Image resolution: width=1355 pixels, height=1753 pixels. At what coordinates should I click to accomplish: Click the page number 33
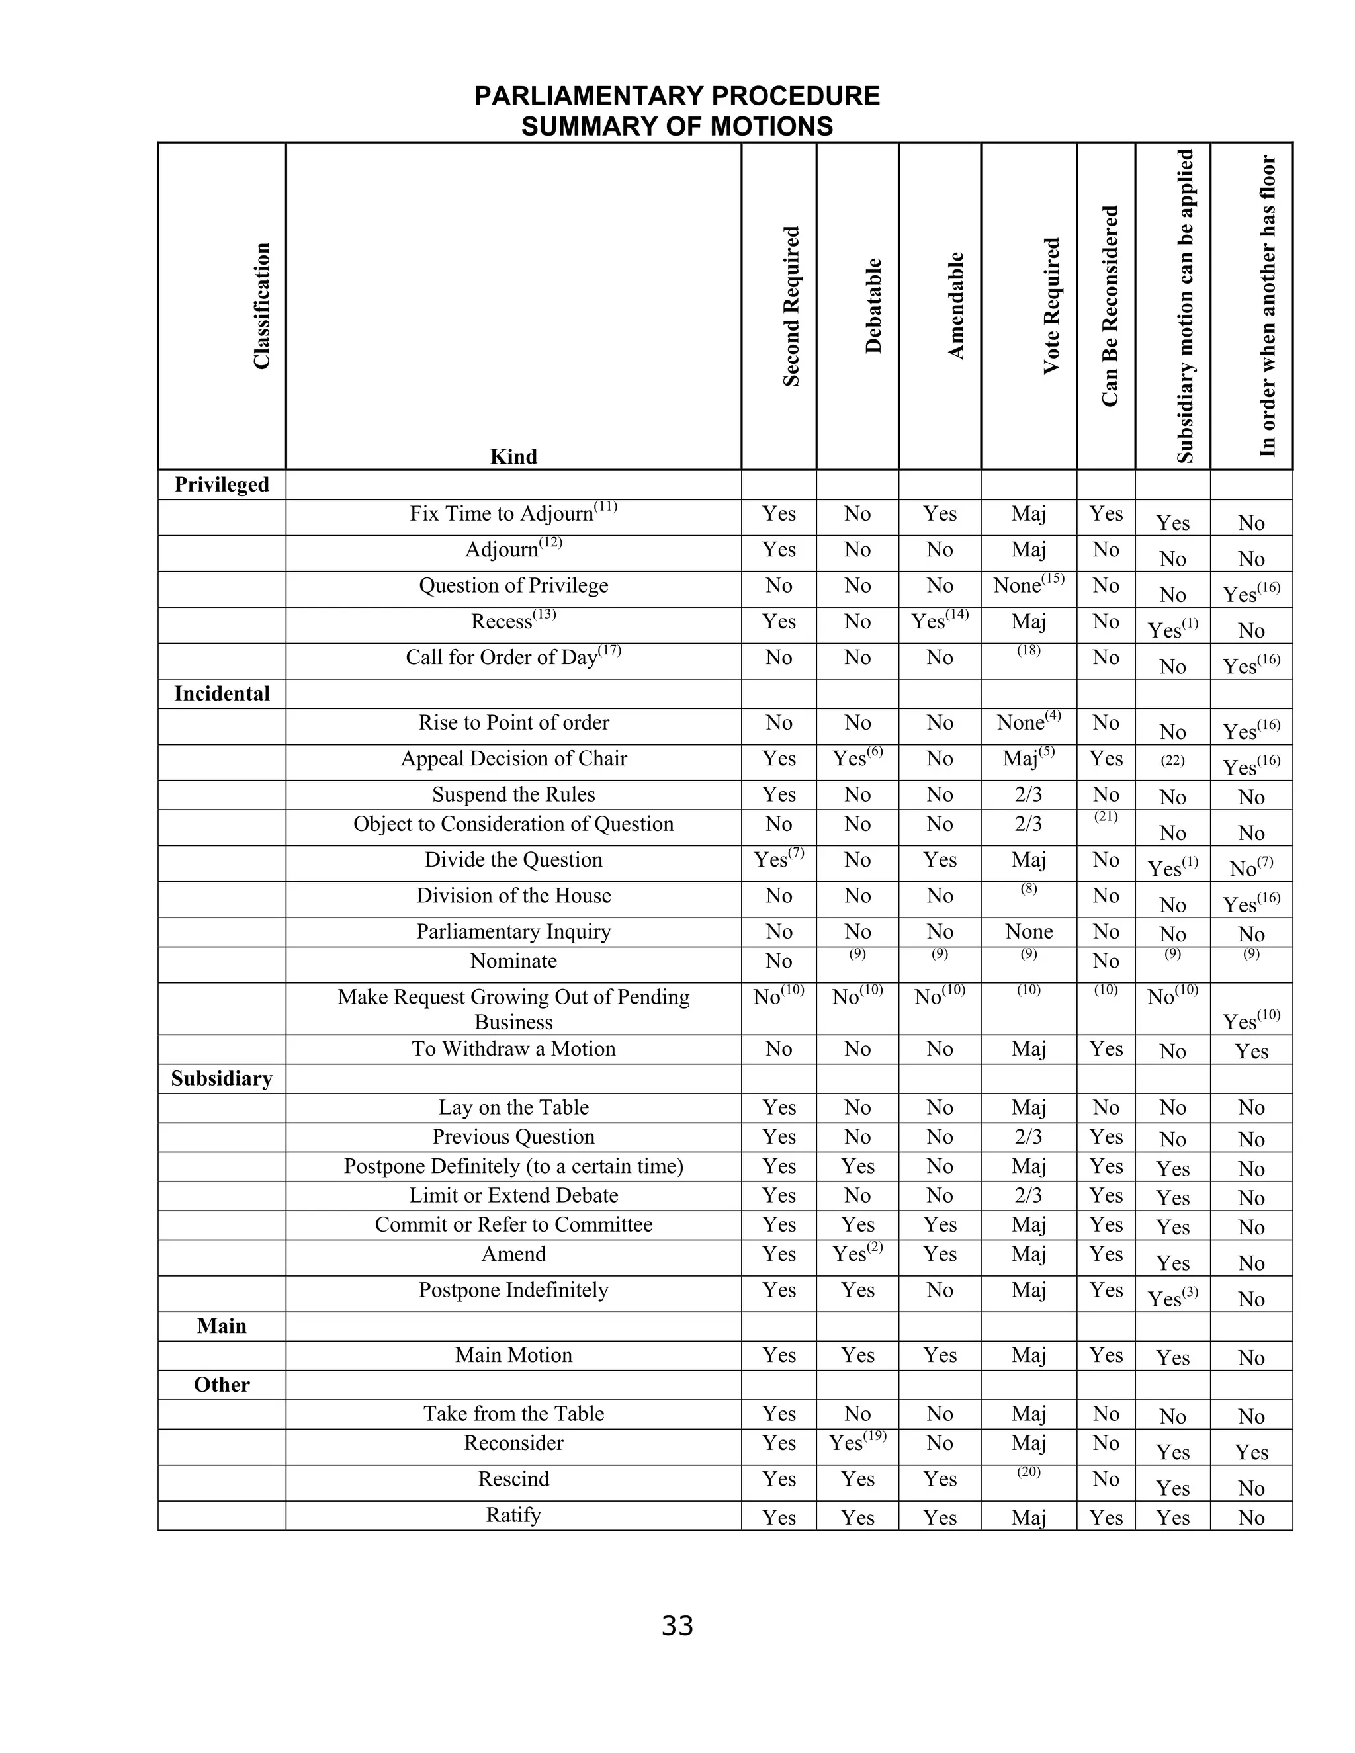pos(677,1625)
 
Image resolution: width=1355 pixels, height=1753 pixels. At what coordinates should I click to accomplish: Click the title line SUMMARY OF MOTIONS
pos(677,127)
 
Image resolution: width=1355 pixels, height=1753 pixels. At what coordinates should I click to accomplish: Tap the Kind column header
pos(513,456)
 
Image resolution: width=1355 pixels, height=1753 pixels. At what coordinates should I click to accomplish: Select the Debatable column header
pos(873,306)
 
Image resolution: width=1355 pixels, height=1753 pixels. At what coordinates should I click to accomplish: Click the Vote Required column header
pos(1051,306)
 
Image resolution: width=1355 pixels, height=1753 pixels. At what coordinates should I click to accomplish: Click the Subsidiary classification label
pos(222,1078)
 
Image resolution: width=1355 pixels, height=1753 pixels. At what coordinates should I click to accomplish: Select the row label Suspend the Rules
pos(513,794)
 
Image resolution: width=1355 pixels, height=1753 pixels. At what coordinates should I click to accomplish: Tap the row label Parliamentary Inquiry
pos(513,931)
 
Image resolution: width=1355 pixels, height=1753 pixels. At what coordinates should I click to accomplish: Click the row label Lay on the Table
pos(513,1107)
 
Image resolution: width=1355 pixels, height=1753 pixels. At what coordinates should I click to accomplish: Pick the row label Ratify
pos(513,1515)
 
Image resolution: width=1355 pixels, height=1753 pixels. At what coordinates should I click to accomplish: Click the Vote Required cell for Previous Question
pos(1027,1136)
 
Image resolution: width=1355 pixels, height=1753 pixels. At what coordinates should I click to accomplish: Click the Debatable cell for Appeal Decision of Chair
pos(857,759)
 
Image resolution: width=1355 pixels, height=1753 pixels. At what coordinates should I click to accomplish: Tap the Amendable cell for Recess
pos(940,621)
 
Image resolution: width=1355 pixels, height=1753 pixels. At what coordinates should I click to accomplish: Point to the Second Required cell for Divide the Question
pos(778,860)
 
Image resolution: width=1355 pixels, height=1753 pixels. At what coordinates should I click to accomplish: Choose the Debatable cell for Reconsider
pos(857,1443)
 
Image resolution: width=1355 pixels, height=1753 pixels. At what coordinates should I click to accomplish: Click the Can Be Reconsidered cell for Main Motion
pos(1106,1355)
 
